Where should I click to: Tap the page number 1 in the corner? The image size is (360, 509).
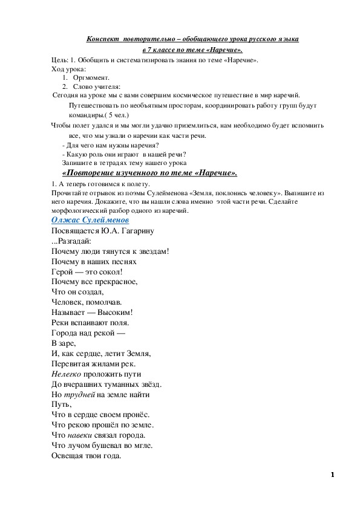point(333,475)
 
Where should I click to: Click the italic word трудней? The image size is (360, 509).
point(80,395)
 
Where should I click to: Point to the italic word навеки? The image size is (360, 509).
point(80,435)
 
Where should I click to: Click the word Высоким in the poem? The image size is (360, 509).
point(115,313)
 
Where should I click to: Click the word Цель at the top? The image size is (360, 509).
point(59,61)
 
